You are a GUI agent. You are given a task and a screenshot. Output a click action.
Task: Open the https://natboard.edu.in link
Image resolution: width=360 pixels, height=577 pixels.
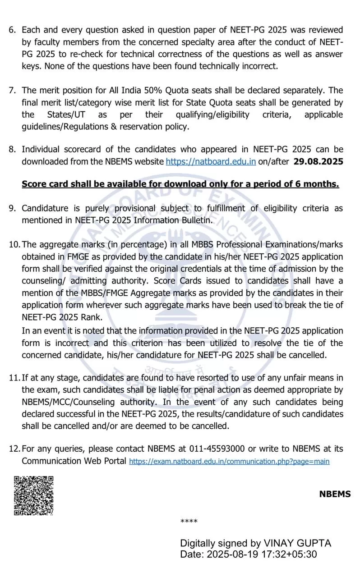click(x=211, y=161)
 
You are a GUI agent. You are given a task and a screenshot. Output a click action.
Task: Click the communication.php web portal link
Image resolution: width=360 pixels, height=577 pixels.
click(x=229, y=461)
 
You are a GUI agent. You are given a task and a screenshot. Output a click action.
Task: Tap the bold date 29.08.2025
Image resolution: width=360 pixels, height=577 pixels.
click(x=318, y=161)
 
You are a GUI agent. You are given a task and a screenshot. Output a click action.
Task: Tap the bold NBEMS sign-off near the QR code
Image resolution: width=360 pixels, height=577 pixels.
click(x=335, y=494)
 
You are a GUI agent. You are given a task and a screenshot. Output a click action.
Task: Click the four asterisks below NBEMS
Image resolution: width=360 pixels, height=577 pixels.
click(x=189, y=522)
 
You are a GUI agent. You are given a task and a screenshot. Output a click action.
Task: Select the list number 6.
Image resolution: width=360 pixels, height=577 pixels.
click(x=12, y=30)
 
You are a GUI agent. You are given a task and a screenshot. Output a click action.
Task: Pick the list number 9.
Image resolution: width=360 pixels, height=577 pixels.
click(x=12, y=208)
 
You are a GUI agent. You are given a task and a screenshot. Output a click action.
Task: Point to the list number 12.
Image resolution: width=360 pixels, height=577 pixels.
click(x=14, y=449)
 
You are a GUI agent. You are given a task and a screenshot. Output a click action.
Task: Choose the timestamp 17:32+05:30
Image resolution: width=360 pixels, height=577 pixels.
click(x=291, y=554)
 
